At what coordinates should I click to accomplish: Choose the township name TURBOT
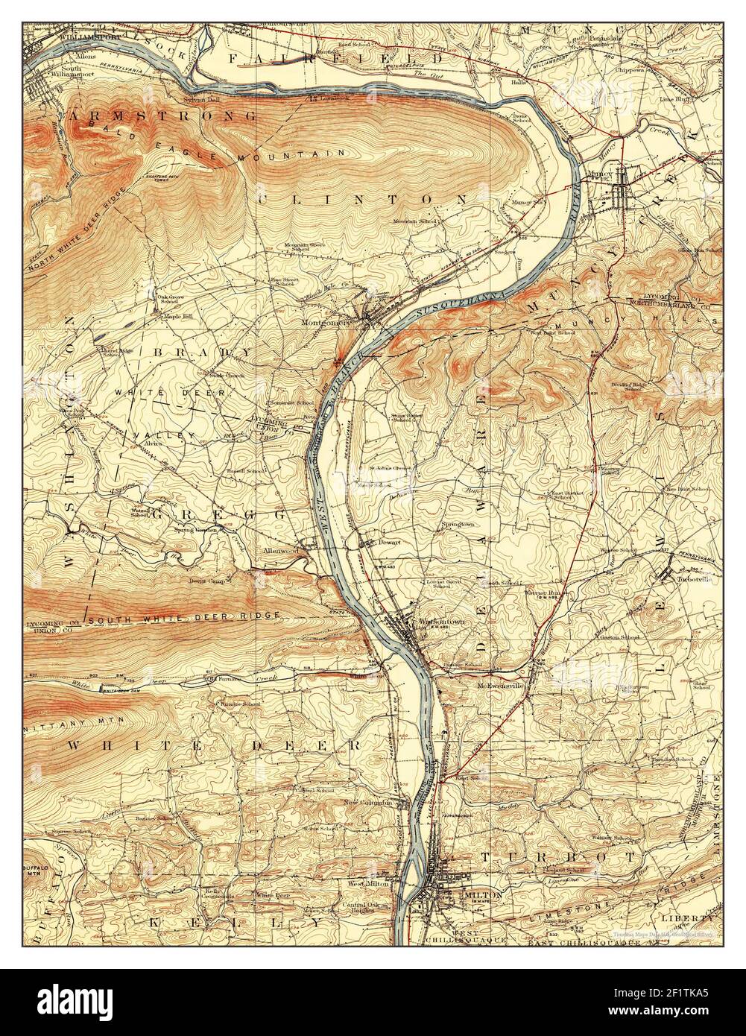(x=533, y=858)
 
